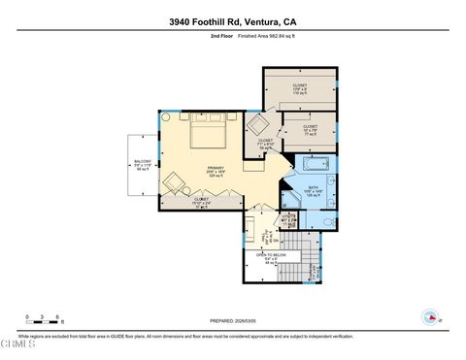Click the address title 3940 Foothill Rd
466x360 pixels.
pyautogui.click(x=232, y=20)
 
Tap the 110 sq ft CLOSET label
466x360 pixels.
pyautogui.click(x=300, y=88)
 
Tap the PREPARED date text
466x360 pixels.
pyautogui.click(x=233, y=322)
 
